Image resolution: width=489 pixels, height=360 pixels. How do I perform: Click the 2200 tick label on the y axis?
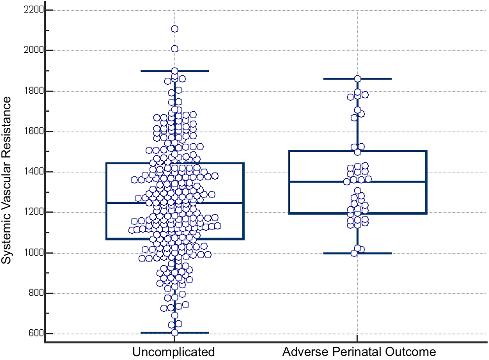coord(34,10)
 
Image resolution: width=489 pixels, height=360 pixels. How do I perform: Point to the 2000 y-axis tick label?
coord(34,50)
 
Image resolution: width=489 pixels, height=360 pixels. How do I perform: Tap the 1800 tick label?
coord(34,91)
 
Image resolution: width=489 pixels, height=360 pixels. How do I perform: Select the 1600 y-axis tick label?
coord(34,132)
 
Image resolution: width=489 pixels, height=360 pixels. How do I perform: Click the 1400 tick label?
coord(34,172)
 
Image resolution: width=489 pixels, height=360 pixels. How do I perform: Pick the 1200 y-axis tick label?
coord(34,212)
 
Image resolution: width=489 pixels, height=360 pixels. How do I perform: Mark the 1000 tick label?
coord(34,253)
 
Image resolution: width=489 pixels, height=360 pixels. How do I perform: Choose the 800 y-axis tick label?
coord(37,293)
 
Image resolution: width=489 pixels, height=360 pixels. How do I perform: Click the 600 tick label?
coord(37,333)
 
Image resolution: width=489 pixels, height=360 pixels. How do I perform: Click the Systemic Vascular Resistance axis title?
coord(6,180)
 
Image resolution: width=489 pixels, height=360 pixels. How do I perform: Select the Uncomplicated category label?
coord(173,352)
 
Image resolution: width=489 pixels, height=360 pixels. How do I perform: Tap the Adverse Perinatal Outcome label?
coord(359,352)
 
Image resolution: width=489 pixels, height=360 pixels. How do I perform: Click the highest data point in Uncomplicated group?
coord(175,29)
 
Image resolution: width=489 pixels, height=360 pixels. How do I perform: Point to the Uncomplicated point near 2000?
coord(175,49)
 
